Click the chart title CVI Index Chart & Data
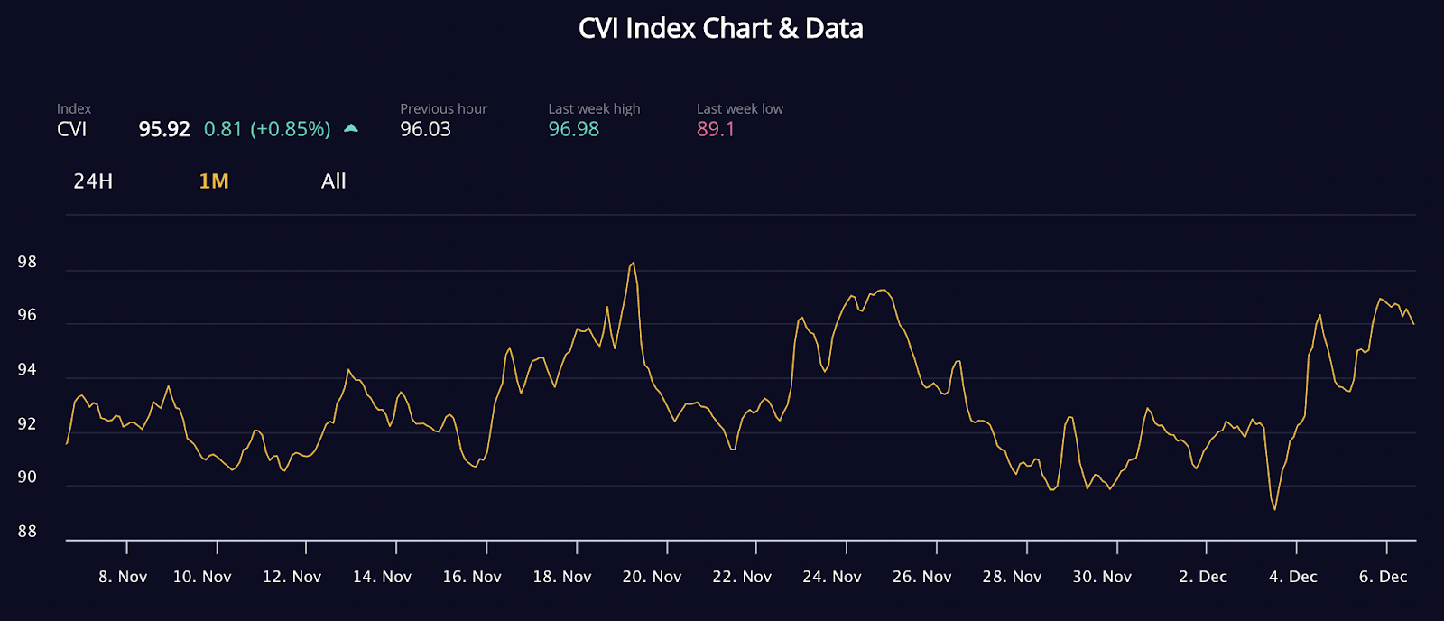pyautogui.click(x=720, y=29)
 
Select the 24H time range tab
pyautogui.click(x=93, y=181)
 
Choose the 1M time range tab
pyautogui.click(x=214, y=181)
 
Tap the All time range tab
pyautogui.click(x=334, y=181)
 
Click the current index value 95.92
pyautogui.click(x=164, y=129)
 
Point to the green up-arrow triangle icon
pyautogui.click(x=351, y=128)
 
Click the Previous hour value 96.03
pyautogui.click(x=425, y=129)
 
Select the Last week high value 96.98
pyautogui.click(x=574, y=129)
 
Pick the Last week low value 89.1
pyautogui.click(x=716, y=129)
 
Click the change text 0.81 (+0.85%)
pyautogui.click(x=267, y=129)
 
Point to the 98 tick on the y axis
pyautogui.click(x=27, y=263)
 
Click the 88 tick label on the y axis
pyautogui.click(x=27, y=532)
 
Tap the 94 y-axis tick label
pyautogui.click(x=27, y=370)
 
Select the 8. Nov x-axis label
pyautogui.click(x=123, y=577)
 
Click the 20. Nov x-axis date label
pyautogui.click(x=652, y=577)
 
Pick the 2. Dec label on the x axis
pyautogui.click(x=1203, y=577)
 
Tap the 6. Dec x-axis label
pyautogui.click(x=1383, y=577)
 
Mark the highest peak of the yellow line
pyautogui.click(x=634, y=263)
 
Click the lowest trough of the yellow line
pyautogui.click(x=1274, y=509)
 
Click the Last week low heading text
pyautogui.click(x=739, y=109)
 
